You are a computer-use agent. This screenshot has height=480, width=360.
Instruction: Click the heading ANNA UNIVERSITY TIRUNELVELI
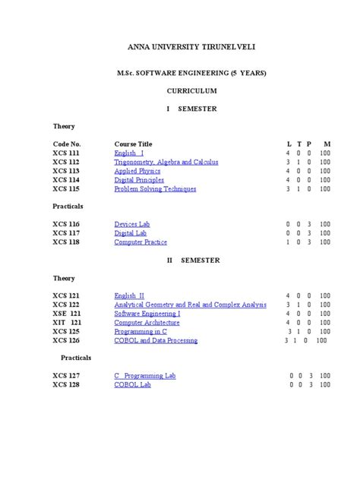pos(192,48)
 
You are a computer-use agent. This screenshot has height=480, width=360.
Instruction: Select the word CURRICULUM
pos(192,90)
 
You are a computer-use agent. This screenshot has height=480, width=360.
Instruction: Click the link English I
pos(129,153)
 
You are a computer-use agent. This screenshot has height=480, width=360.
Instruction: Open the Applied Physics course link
pos(139,171)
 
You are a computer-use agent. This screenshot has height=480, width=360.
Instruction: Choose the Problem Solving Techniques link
pos(155,189)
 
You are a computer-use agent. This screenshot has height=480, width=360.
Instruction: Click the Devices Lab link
pos(132,224)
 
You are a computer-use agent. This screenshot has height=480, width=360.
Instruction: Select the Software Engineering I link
pos(147,313)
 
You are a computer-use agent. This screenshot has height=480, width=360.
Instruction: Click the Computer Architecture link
pos(147,322)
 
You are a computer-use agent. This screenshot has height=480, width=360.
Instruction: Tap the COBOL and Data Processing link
pos(156,340)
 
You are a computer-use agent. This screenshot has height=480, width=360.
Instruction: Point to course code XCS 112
pos(66,162)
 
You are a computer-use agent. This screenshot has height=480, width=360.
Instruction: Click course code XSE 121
pos(67,313)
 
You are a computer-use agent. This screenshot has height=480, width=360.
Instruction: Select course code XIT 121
pos(67,322)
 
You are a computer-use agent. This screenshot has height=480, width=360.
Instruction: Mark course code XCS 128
pos(66,384)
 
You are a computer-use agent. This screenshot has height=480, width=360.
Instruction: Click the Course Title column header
pos(134,144)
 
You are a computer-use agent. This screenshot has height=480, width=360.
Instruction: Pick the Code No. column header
pos(67,144)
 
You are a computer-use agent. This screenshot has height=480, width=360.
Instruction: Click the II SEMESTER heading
pos(193,260)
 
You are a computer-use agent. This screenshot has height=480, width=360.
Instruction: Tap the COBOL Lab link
pos(133,384)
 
